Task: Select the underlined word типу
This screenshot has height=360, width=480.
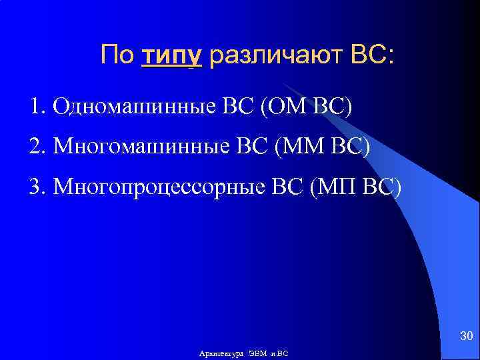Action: click(x=171, y=56)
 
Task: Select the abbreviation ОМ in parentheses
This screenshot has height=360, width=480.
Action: click(x=281, y=107)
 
